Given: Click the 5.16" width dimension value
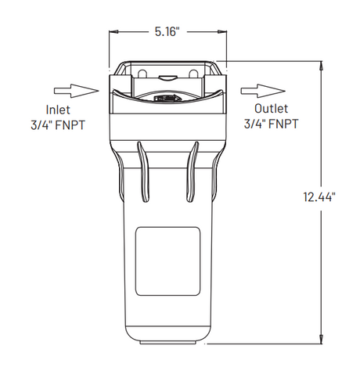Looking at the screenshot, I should pos(167,32).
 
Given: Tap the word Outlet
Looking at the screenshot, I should pos(272,109).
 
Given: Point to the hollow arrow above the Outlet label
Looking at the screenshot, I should pos(255,88).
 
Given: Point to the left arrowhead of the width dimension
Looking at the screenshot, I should pos(113,32).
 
